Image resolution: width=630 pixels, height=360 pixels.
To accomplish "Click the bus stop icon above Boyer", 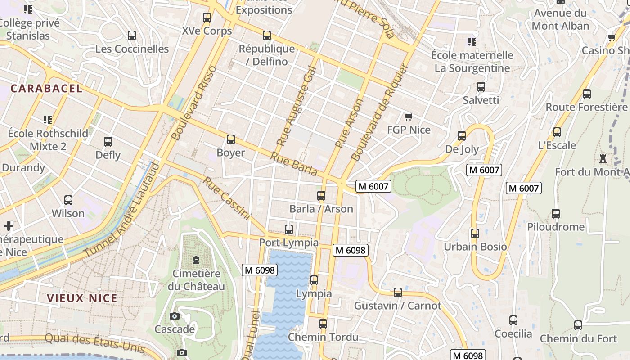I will pyautogui.click(x=231, y=139).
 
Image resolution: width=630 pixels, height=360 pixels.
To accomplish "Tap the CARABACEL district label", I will pyautogui.click(x=46, y=89).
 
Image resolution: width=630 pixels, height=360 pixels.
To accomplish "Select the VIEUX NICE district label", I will pyautogui.click(x=82, y=298).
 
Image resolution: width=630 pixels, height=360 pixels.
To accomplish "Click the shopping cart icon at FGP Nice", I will pyautogui.click(x=408, y=117).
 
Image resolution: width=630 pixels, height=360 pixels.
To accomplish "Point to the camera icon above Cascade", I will pyautogui.click(x=175, y=316).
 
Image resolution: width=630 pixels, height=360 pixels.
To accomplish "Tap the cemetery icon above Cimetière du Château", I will pyautogui.click(x=196, y=260).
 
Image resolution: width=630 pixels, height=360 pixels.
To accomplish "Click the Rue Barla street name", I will pyautogui.click(x=294, y=164).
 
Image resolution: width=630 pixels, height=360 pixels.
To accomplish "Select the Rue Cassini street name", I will pyautogui.click(x=226, y=198).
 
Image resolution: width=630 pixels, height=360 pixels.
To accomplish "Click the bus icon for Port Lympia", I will pyautogui.click(x=289, y=229).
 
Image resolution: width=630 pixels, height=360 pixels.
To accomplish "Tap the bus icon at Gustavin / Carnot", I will pyautogui.click(x=398, y=292).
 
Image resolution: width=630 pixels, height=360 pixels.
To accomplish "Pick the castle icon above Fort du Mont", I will pyautogui.click(x=603, y=159).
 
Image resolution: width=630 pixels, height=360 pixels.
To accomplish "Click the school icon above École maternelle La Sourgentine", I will pyautogui.click(x=472, y=42).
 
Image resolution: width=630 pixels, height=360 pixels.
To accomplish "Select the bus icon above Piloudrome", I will pyautogui.click(x=556, y=214).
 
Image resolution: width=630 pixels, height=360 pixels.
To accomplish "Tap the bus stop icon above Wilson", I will pyautogui.click(x=68, y=200).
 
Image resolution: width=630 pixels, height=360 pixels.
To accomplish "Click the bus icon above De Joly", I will pyautogui.click(x=462, y=136).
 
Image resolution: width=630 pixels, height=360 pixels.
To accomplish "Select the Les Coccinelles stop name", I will pyautogui.click(x=132, y=49).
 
